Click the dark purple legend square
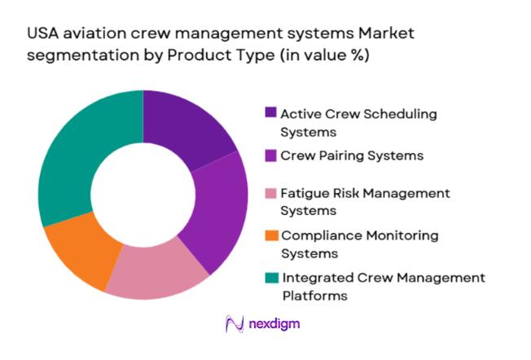tap(270, 112)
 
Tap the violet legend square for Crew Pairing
tap(270, 155)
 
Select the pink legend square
tap(270, 194)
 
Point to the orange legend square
tap(270, 236)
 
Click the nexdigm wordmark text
tap(275, 325)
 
